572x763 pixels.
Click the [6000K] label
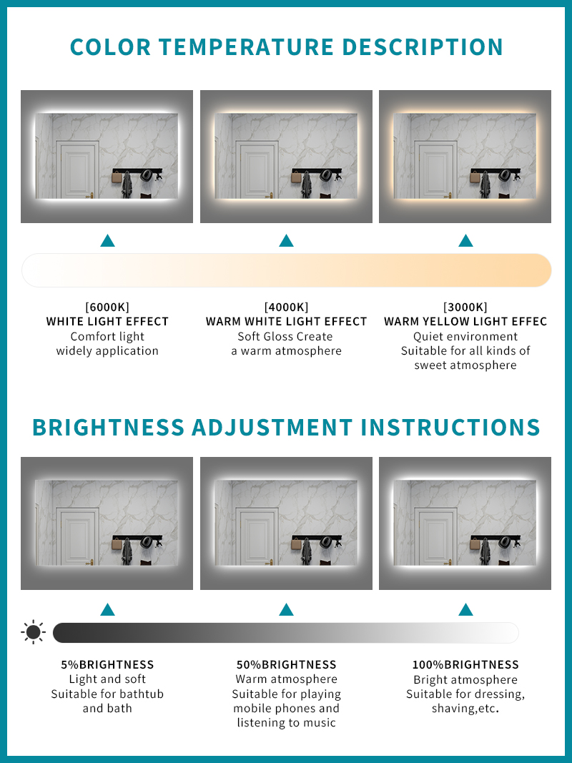tap(107, 307)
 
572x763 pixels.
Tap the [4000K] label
tap(286, 307)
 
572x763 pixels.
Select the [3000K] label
tap(465, 307)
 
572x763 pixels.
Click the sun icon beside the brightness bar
tap(33, 633)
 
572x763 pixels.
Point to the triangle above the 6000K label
tap(107, 240)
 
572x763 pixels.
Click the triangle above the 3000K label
tap(465, 240)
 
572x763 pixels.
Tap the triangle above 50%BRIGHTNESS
tap(287, 609)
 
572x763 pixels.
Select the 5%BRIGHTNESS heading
tap(107, 665)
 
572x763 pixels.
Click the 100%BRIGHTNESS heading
tap(465, 665)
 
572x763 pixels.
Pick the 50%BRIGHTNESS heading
tap(287, 665)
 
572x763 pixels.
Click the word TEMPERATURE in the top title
tap(246, 47)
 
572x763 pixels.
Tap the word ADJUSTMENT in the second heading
tap(272, 427)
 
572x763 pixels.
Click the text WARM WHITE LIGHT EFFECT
tap(287, 322)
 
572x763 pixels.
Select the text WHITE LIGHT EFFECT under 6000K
tap(107, 322)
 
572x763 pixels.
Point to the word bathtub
tap(138, 694)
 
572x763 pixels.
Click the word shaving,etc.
tap(465, 709)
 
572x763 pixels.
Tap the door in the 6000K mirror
tap(77, 169)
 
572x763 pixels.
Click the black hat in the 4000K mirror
tap(325, 175)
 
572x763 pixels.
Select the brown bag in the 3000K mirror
tap(475, 177)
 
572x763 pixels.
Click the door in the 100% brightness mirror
tap(435, 537)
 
